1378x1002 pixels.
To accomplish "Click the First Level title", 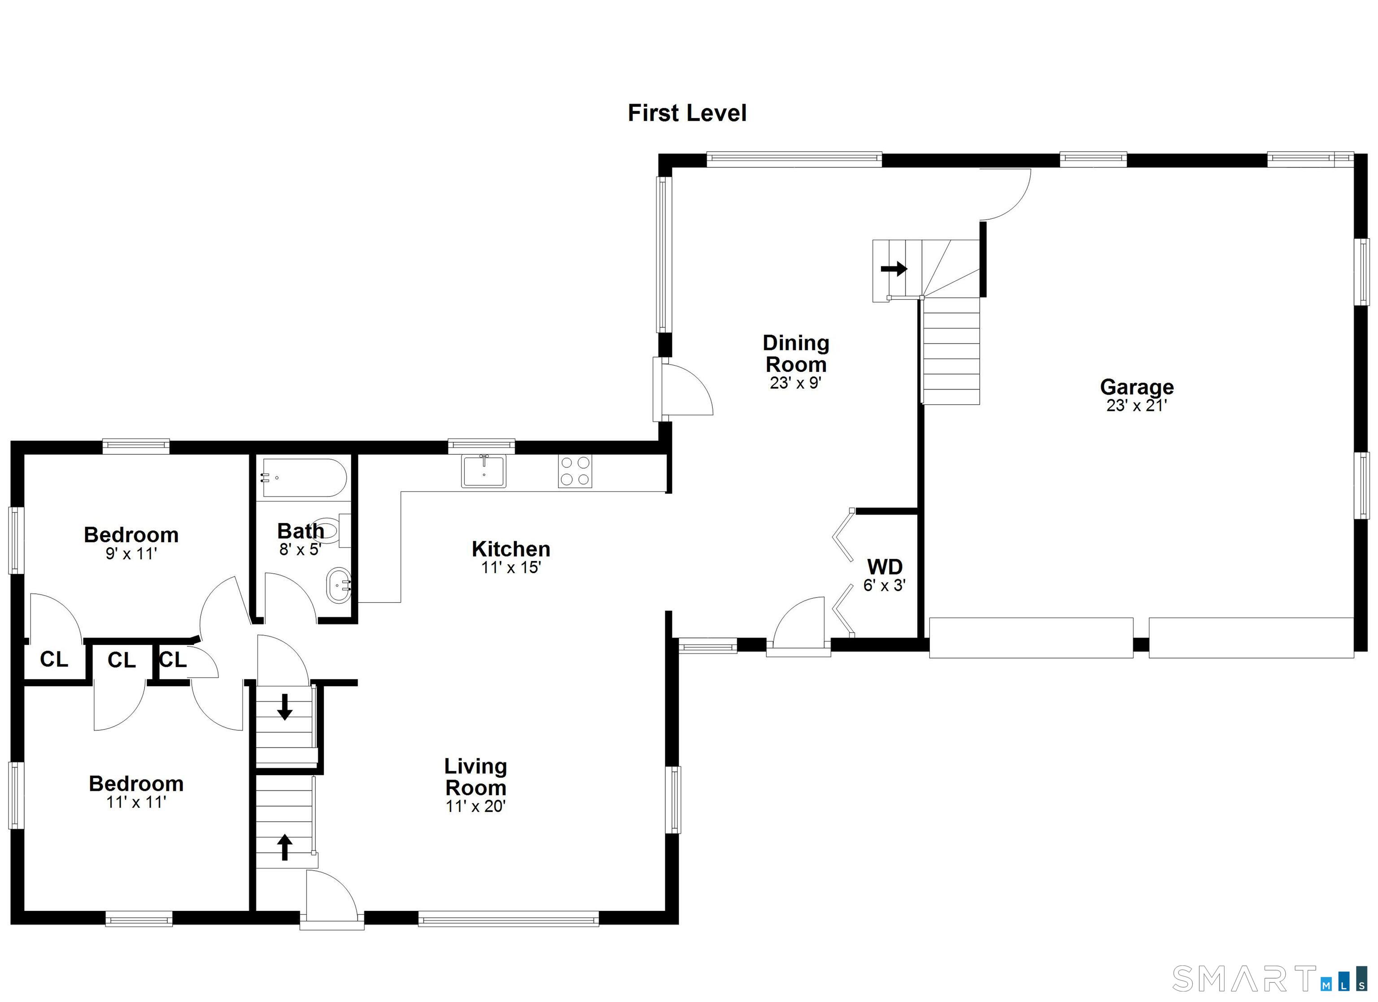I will click(x=687, y=113).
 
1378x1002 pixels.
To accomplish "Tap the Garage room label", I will click(x=1136, y=387).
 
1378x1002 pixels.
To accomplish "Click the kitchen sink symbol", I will click(x=484, y=471).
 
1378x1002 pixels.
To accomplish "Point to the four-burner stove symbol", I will click(x=575, y=471).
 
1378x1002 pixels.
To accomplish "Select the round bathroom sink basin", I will click(x=338, y=586).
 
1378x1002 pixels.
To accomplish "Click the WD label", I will click(x=884, y=567).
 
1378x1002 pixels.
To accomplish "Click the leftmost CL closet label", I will click(x=54, y=659).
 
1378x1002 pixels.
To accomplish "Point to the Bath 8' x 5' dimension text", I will click(x=300, y=549).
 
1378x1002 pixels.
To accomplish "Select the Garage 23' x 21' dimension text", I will click(x=1136, y=405).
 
